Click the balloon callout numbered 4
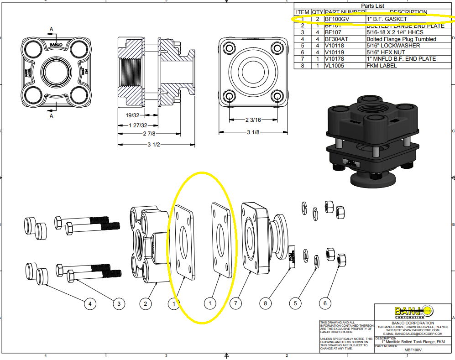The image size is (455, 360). click(x=90, y=303)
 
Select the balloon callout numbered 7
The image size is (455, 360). click(x=235, y=303)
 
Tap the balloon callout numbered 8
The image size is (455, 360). click(x=265, y=303)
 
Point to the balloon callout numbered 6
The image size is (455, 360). click(x=325, y=303)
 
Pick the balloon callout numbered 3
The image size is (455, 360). click(x=119, y=303)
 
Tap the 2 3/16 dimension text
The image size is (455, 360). click(x=253, y=120)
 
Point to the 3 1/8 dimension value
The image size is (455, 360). click(x=253, y=132)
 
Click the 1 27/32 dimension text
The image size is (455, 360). click(x=138, y=125)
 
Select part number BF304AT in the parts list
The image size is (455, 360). click(x=335, y=39)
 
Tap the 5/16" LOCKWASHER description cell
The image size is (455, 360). click(x=387, y=46)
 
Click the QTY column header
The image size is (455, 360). click(x=317, y=12)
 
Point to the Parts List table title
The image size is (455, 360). click(x=374, y=5)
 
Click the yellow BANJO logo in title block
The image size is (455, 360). click(x=413, y=312)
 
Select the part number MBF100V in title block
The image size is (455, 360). click(x=413, y=350)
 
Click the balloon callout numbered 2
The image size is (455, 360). click(x=145, y=303)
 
